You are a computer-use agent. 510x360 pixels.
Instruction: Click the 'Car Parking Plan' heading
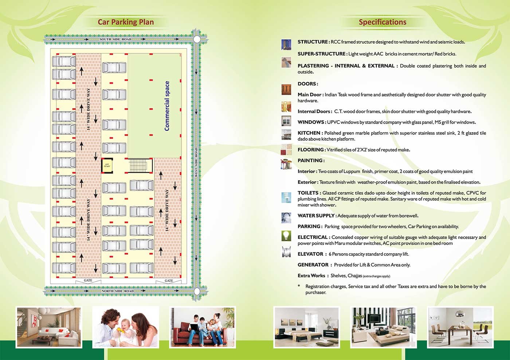point(126,22)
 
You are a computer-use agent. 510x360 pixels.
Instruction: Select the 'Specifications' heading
point(382,22)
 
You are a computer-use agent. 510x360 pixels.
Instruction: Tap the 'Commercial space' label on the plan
point(167,106)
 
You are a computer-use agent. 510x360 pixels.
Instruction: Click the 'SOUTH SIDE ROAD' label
point(115,39)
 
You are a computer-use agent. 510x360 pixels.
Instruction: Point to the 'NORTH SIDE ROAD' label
point(117,291)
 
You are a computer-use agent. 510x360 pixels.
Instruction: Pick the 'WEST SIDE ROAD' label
point(196,162)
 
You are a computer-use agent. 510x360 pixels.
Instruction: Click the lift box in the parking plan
point(107,165)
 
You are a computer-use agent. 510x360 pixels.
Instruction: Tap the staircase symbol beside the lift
point(140,165)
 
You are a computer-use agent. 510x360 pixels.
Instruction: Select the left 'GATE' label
point(88,281)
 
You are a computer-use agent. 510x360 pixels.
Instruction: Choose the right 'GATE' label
point(169,281)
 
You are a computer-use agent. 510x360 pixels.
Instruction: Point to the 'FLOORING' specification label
point(311,150)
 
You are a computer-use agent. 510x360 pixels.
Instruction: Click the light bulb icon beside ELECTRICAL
point(286,236)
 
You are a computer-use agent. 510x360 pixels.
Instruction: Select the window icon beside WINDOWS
point(286,121)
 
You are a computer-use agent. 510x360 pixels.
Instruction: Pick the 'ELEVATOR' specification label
point(310,254)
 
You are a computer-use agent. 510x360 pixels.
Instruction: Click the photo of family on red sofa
point(202,327)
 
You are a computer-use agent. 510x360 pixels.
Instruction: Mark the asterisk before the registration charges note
point(299,286)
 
